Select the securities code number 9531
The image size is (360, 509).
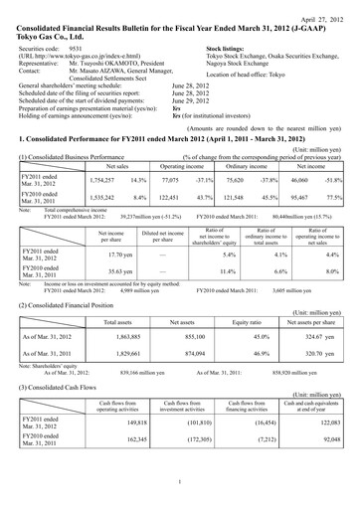[x=79, y=47]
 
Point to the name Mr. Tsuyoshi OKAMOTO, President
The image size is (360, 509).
[x=114, y=64]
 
